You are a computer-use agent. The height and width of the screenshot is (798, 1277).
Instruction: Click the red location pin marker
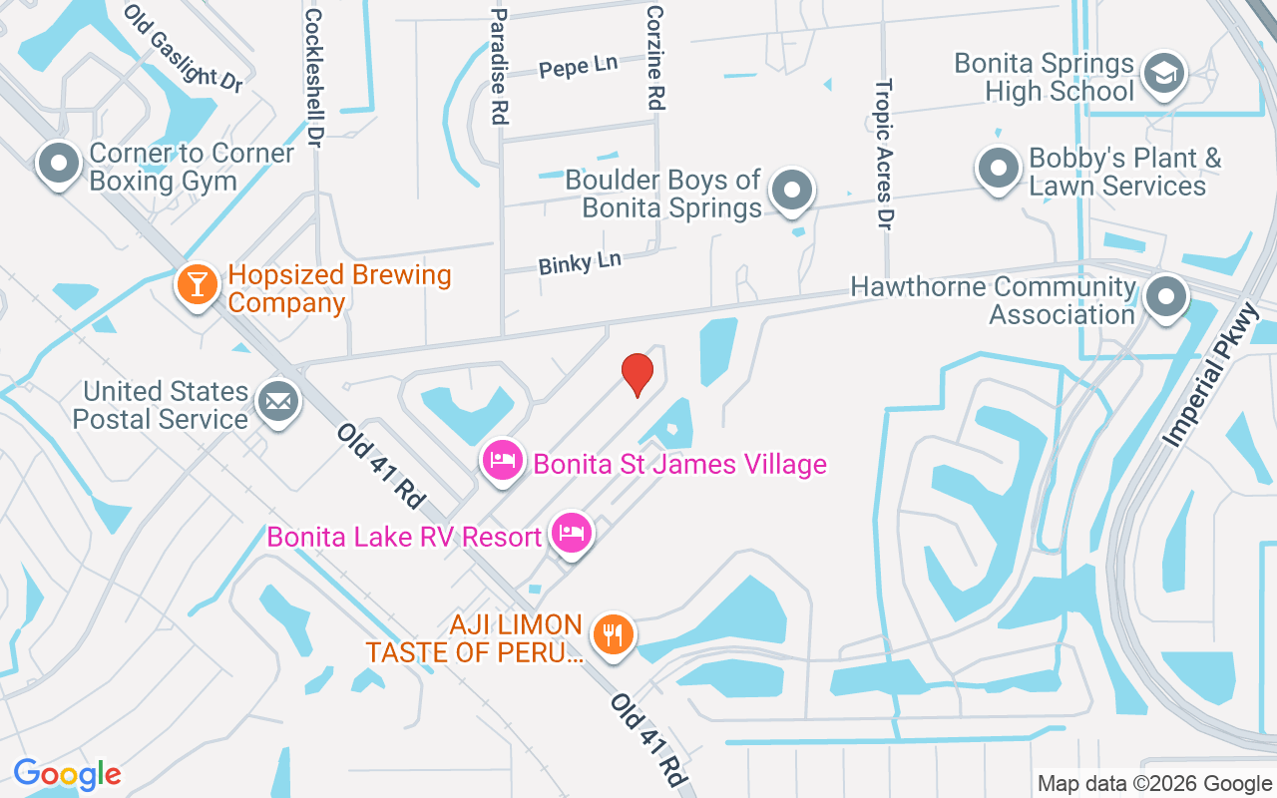(x=637, y=374)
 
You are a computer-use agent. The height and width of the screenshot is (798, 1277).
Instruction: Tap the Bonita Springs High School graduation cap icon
(x=1163, y=74)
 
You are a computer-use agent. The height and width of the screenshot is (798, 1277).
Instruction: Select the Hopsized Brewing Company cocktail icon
(x=197, y=284)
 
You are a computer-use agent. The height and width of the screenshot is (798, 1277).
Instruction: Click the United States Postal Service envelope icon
(x=277, y=402)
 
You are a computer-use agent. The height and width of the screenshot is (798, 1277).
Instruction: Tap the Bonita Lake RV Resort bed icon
(x=571, y=533)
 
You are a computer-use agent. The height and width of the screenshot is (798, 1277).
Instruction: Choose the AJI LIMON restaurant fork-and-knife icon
(x=613, y=633)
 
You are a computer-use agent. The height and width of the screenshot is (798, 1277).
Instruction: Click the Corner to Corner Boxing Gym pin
(x=59, y=164)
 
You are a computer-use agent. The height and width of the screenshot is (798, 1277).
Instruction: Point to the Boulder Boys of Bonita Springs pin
(x=793, y=189)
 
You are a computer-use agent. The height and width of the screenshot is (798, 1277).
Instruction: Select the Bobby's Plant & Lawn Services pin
(x=998, y=167)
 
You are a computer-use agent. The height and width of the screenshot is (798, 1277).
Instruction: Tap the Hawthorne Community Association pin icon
(x=1165, y=296)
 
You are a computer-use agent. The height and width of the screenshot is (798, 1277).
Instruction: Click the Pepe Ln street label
(x=578, y=67)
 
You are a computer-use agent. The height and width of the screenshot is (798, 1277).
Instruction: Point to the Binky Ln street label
(x=580, y=263)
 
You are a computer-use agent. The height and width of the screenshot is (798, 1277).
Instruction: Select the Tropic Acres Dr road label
(x=883, y=155)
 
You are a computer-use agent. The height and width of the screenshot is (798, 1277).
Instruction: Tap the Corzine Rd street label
(x=655, y=57)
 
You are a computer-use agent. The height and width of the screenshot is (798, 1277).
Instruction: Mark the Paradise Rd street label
(x=500, y=66)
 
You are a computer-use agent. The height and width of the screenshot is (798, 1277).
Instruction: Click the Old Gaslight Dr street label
(x=185, y=49)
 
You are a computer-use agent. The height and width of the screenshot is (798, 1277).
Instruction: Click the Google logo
(x=68, y=774)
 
